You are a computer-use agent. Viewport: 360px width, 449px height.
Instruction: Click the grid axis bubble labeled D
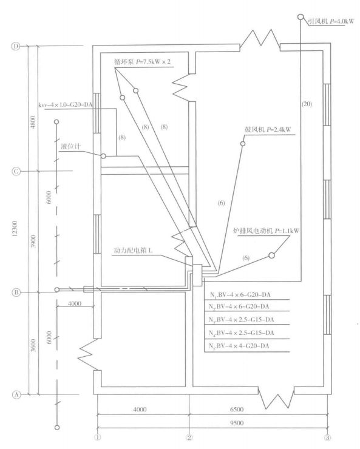[x=16, y=46]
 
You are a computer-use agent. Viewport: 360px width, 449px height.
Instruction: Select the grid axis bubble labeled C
[x=16, y=171]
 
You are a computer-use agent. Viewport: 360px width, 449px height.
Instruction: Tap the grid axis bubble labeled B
[x=16, y=292]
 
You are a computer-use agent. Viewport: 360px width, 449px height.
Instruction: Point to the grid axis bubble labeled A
[x=16, y=394]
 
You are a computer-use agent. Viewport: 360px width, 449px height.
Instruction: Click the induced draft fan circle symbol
[x=301, y=17]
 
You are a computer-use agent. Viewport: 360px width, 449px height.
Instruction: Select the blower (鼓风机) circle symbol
[x=243, y=143]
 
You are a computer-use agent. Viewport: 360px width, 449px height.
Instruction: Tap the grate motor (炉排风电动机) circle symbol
[x=271, y=255]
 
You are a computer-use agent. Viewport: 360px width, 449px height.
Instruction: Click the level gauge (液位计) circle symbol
[x=103, y=156]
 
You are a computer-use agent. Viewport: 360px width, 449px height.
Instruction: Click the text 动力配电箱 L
[x=133, y=250]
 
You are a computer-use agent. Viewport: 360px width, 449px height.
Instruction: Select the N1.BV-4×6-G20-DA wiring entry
[x=240, y=295]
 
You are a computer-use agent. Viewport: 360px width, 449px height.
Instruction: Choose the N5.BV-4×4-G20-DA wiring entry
[x=239, y=346]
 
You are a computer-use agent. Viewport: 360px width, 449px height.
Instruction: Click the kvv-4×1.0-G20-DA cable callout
[x=66, y=105]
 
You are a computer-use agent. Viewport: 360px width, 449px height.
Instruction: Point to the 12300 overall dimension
[x=15, y=229]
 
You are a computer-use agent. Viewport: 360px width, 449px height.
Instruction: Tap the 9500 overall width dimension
[x=237, y=423]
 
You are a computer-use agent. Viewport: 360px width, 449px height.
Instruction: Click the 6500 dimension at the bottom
[x=237, y=409]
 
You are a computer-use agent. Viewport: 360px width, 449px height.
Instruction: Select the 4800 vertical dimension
[x=33, y=122]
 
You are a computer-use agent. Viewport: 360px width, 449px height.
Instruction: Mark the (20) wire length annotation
[x=307, y=104]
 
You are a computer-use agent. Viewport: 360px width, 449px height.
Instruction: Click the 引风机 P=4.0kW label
[x=331, y=21]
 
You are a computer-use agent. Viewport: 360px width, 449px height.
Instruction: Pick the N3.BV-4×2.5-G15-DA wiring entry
[x=241, y=320]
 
